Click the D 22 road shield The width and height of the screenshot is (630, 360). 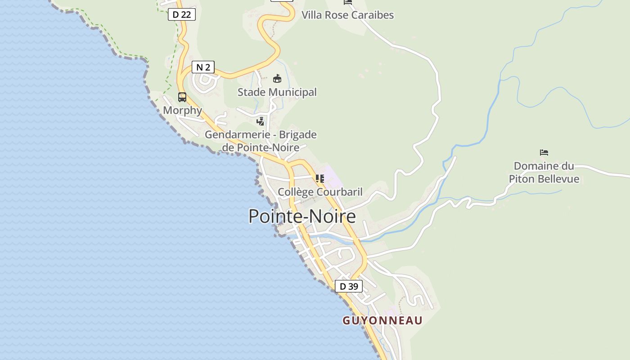pyautogui.click(x=182, y=14)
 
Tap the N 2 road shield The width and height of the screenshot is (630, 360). pyautogui.click(x=203, y=67)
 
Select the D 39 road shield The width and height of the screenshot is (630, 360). pyautogui.click(x=349, y=286)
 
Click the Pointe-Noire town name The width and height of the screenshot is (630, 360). pyautogui.click(x=302, y=216)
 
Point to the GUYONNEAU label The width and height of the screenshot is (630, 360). pyautogui.click(x=382, y=320)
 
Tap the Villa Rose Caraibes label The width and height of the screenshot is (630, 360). pyautogui.click(x=347, y=15)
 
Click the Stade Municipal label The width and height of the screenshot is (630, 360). pyautogui.click(x=277, y=92)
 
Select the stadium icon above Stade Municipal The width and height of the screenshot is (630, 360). pyautogui.click(x=277, y=79)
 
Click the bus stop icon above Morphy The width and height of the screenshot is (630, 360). pyautogui.click(x=182, y=97)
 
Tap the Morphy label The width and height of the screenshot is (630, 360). pyautogui.click(x=182, y=110)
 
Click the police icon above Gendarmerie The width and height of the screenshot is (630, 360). pyautogui.click(x=261, y=121)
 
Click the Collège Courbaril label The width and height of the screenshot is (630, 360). pyautogui.click(x=320, y=192)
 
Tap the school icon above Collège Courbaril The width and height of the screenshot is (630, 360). pyautogui.click(x=320, y=179)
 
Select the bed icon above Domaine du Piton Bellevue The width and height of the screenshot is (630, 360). pyautogui.click(x=544, y=153)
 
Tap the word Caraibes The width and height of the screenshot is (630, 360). pyautogui.click(x=372, y=15)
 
